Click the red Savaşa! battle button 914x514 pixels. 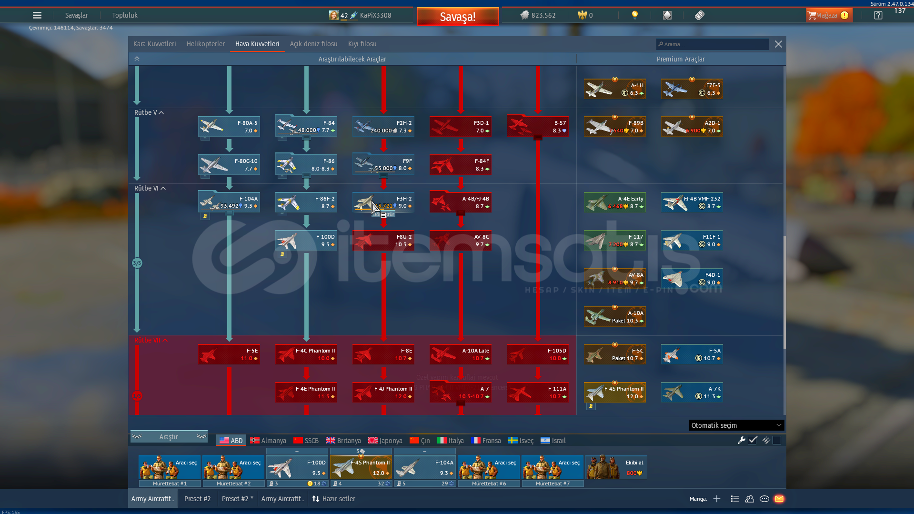[x=457, y=17]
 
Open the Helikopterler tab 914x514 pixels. [x=205, y=44]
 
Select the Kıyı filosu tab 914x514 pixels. [x=362, y=44]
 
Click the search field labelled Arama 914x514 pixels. [x=712, y=44]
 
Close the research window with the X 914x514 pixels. [x=778, y=44]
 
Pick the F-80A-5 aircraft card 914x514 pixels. [x=229, y=127]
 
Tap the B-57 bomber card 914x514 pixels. [x=537, y=127]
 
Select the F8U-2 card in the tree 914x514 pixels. [x=383, y=241]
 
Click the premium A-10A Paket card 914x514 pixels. [x=614, y=317]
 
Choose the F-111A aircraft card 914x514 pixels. [x=537, y=393]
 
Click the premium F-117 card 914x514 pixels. [x=614, y=241]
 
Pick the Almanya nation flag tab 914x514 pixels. [x=268, y=441]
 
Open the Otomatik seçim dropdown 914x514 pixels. [x=736, y=425]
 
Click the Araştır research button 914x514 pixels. [x=169, y=437]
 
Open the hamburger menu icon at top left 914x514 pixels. [x=37, y=15]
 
